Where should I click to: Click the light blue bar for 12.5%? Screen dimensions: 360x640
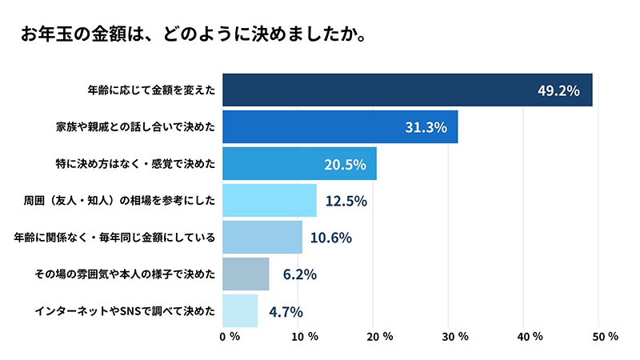point(269,201)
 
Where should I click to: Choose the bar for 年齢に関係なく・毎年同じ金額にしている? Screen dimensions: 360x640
point(262,238)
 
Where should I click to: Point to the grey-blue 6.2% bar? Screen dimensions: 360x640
point(246,274)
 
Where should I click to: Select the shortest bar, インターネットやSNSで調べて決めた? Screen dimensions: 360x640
point(240,311)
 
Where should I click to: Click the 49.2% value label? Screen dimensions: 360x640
point(558,90)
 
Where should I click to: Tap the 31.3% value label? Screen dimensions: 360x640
point(426,127)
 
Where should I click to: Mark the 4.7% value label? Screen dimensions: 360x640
point(286,311)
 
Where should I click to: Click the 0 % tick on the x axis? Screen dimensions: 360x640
point(230,337)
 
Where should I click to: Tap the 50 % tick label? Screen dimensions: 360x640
point(604,337)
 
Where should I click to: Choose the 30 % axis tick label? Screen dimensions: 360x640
point(454,337)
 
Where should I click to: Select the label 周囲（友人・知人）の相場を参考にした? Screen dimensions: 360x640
point(120,201)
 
